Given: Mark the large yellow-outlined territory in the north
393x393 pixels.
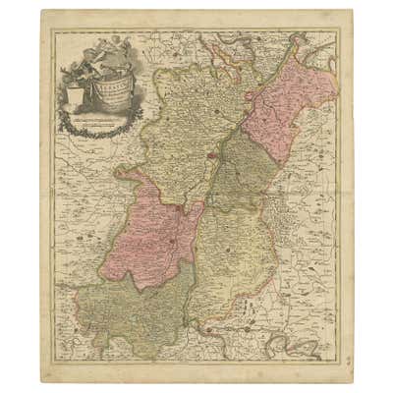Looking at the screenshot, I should click(182, 113).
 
